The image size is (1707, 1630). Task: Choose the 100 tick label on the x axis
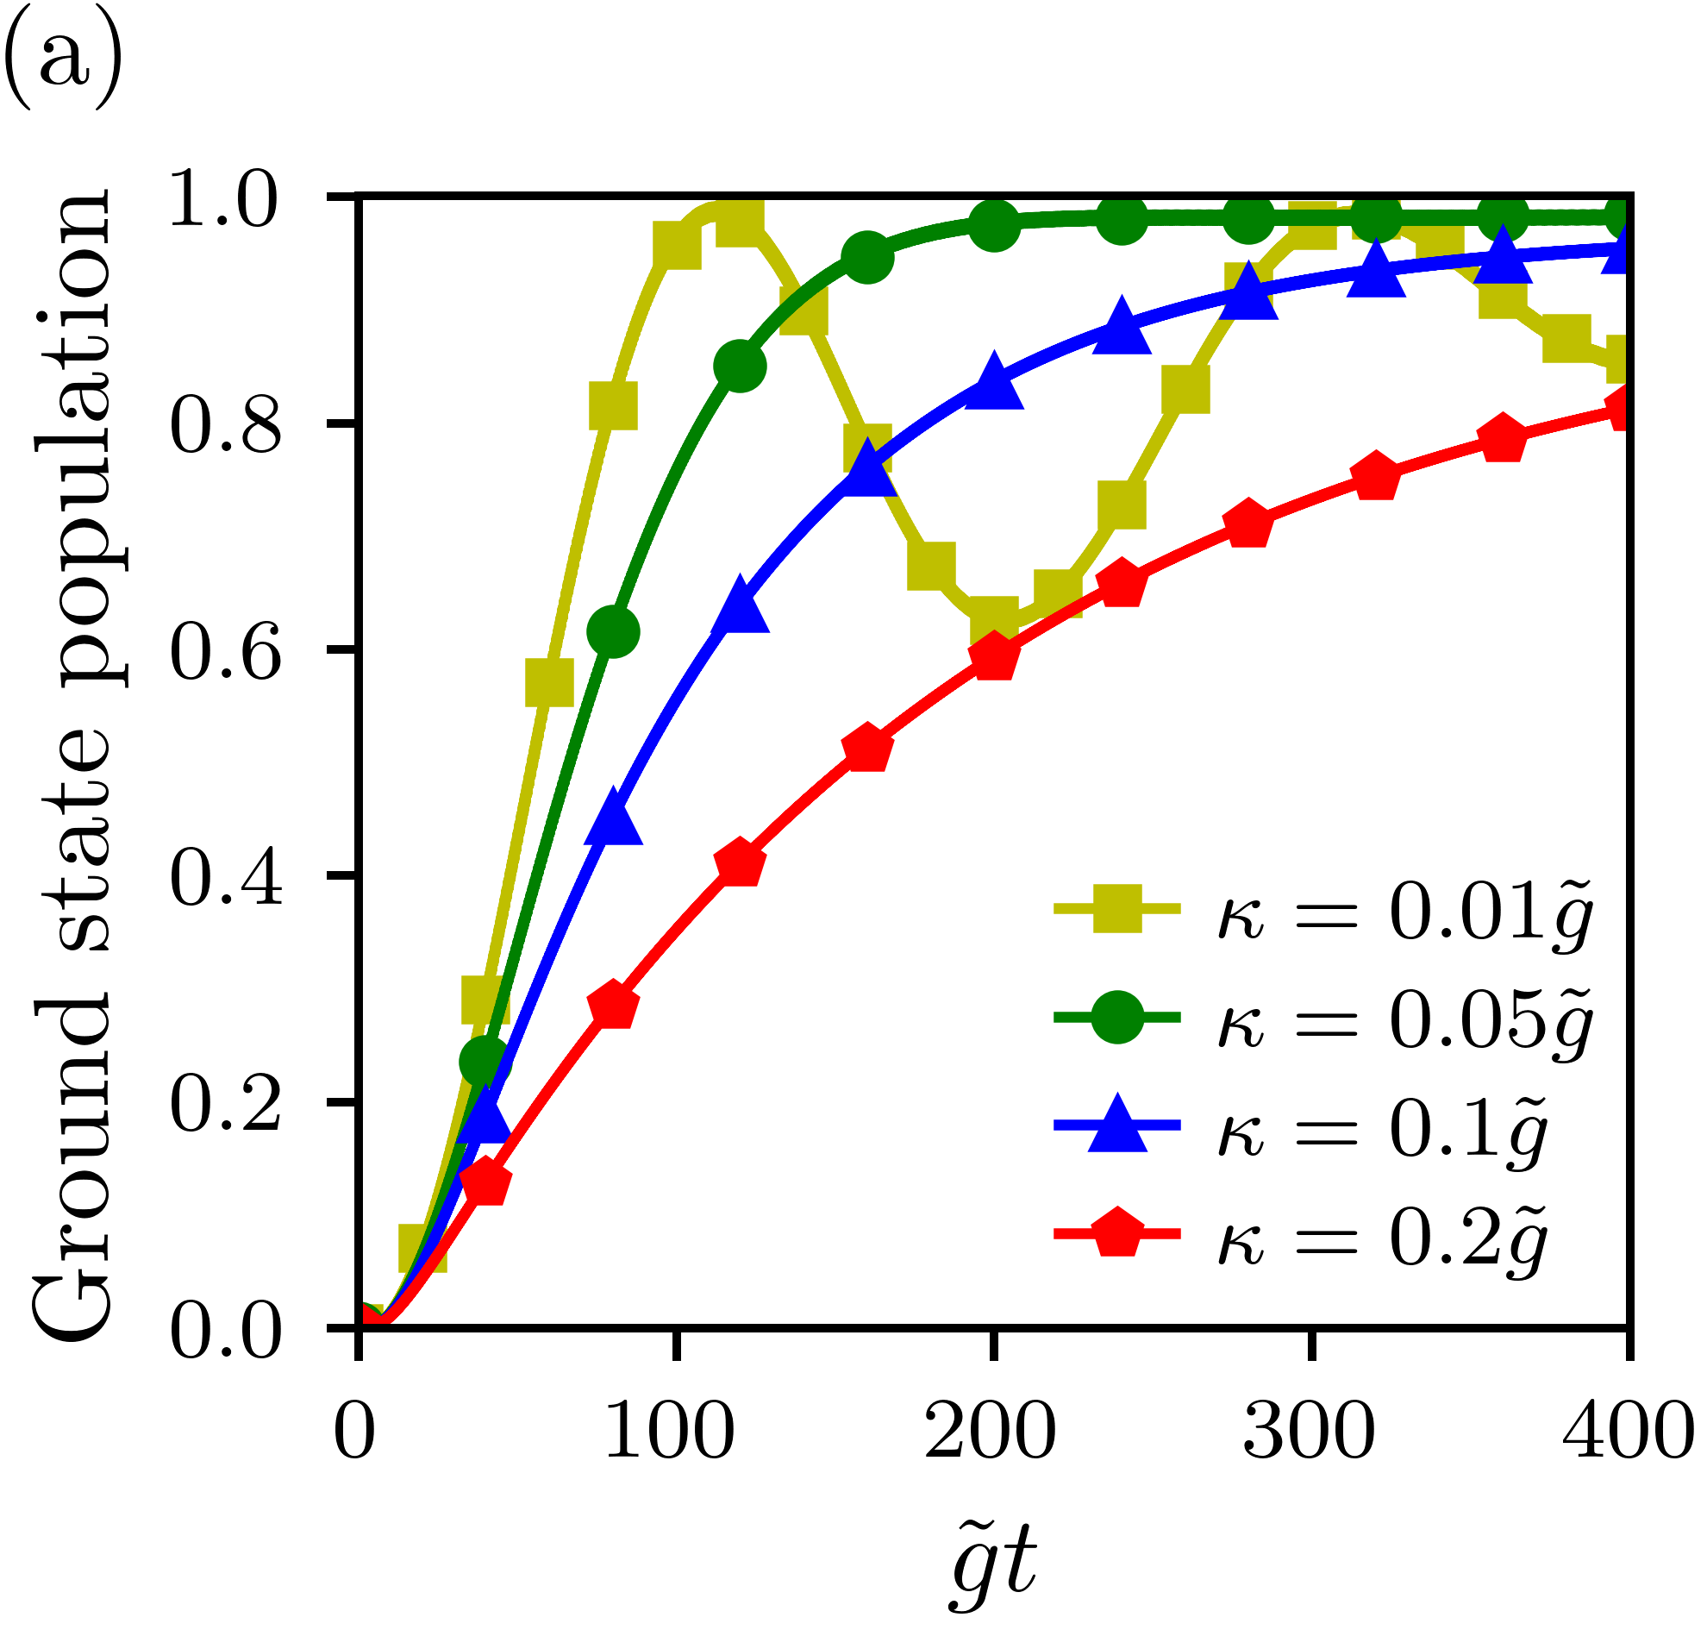pyautogui.click(x=669, y=1431)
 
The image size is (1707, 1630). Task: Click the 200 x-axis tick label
pyautogui.click(x=991, y=1431)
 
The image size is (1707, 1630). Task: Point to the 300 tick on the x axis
pyautogui.click(x=1310, y=1431)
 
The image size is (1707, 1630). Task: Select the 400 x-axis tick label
pyautogui.click(x=1628, y=1431)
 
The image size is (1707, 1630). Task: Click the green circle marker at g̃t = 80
pyautogui.click(x=613, y=631)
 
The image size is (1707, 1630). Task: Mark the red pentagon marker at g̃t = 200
pyautogui.click(x=994, y=658)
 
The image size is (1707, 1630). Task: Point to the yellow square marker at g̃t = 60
pyautogui.click(x=549, y=681)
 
